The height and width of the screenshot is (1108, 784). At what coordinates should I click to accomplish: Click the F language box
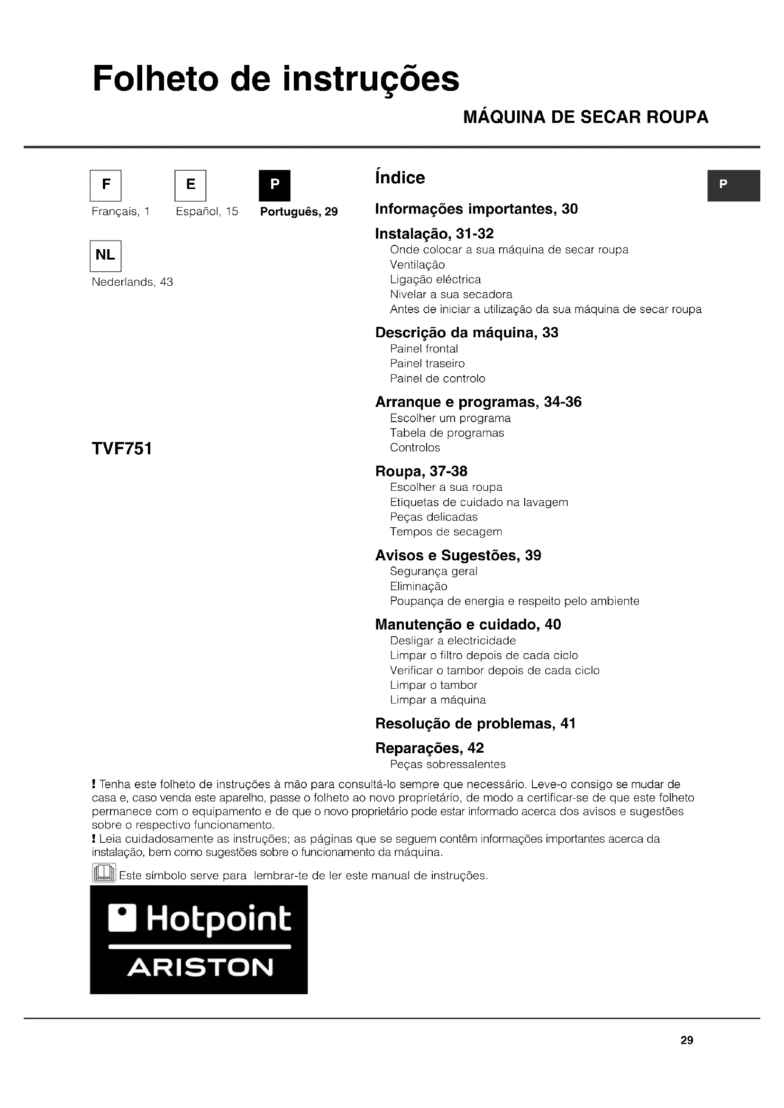tap(105, 185)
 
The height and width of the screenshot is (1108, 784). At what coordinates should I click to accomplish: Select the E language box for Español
tap(190, 185)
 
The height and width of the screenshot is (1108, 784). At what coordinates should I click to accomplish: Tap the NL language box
tap(105, 256)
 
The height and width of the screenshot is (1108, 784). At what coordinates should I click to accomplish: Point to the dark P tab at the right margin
tap(734, 185)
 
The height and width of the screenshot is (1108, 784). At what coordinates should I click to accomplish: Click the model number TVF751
tap(122, 449)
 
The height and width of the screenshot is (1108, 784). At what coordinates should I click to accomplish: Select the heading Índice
tap(400, 178)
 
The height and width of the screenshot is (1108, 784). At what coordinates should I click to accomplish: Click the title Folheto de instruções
tap(276, 79)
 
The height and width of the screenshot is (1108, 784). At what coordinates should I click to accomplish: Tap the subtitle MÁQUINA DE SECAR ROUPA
tap(585, 117)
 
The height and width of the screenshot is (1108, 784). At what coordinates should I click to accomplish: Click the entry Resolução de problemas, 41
tap(475, 723)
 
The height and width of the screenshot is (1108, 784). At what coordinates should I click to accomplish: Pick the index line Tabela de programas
tap(447, 433)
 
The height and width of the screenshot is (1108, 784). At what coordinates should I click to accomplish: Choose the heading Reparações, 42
tap(429, 748)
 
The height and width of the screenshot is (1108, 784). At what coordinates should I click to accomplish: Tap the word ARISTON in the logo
tap(200, 968)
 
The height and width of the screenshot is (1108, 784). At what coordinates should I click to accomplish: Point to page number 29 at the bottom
tap(686, 1040)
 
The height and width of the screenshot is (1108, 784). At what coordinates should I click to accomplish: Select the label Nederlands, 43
tap(132, 282)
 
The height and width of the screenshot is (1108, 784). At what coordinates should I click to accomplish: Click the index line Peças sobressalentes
tap(447, 765)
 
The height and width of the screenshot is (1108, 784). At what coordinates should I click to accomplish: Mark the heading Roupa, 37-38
tap(421, 471)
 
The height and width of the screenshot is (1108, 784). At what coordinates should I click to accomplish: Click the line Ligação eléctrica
tap(435, 279)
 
